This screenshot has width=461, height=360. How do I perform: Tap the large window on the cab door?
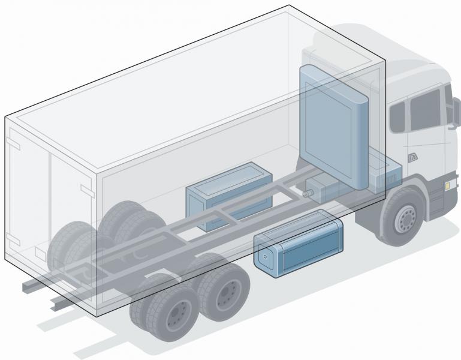click(424, 113)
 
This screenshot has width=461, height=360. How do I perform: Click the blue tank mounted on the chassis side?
click(300, 247)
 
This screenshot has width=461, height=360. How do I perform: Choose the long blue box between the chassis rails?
click(228, 194)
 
